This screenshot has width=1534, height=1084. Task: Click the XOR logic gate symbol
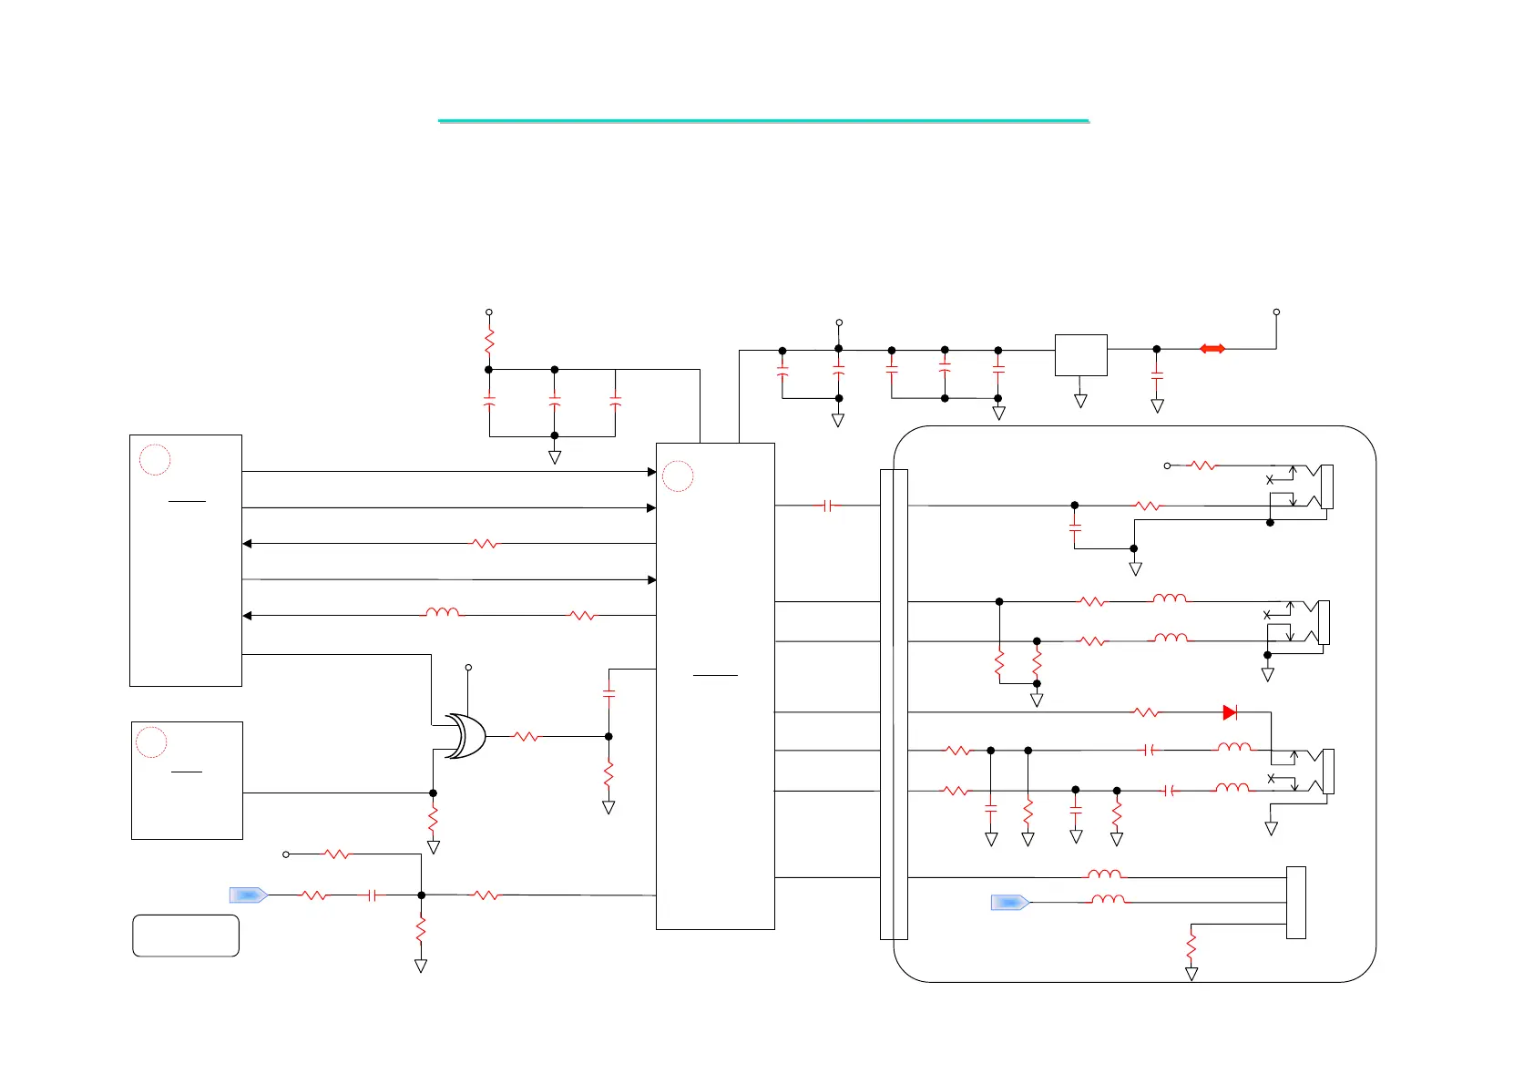[x=465, y=736]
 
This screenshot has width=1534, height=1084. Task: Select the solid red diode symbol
[x=1230, y=712]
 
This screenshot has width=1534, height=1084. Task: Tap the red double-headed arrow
[x=1212, y=349]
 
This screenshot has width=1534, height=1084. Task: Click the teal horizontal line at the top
[x=763, y=120]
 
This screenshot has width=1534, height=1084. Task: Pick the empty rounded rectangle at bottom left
[x=186, y=936]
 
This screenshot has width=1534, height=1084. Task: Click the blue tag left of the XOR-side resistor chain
[x=248, y=895]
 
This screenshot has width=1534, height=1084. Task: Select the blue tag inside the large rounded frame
[x=1009, y=903]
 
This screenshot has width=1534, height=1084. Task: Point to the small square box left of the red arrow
[x=1080, y=355]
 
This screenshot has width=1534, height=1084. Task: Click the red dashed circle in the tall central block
[x=678, y=476]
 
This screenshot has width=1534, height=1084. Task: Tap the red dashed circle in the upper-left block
[x=155, y=460]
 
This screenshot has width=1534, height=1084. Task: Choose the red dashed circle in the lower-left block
[x=151, y=742]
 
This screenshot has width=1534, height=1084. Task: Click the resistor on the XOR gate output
[x=527, y=736]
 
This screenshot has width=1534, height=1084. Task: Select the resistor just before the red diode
[x=1147, y=712]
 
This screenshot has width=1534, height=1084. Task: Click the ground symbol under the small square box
[x=1080, y=401]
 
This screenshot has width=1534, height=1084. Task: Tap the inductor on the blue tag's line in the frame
[x=1108, y=900]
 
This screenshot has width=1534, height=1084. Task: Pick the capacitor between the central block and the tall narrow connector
[x=827, y=506]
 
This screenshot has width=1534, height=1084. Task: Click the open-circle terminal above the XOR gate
[x=468, y=668]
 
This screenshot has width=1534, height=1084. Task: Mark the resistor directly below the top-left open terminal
[x=489, y=342]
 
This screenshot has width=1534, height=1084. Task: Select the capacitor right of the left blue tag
[x=372, y=895]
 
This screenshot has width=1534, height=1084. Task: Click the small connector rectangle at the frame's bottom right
[x=1295, y=902]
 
